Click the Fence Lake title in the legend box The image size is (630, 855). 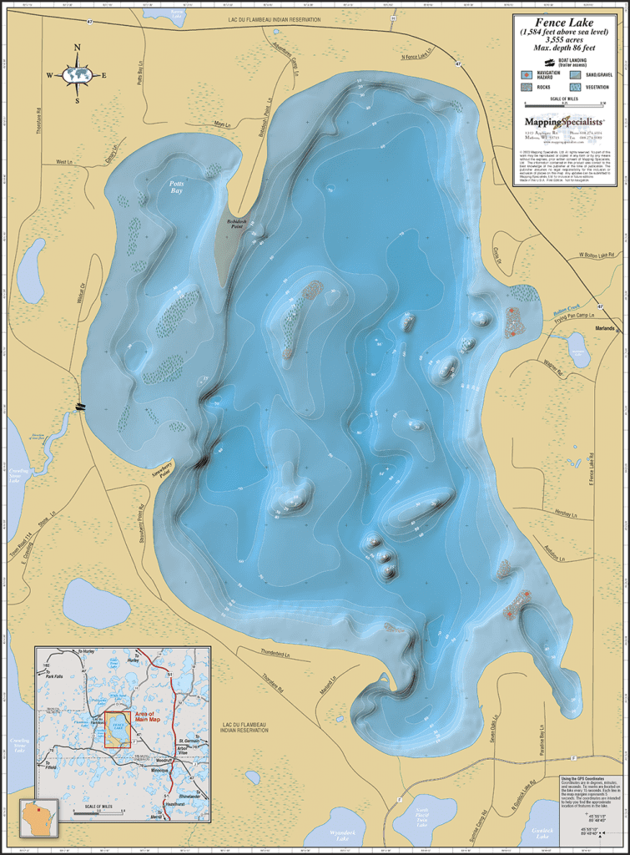coord(564,23)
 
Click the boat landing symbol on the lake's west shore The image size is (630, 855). coord(80,407)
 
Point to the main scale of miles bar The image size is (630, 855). coord(564,105)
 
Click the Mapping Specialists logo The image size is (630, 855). coord(564,121)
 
